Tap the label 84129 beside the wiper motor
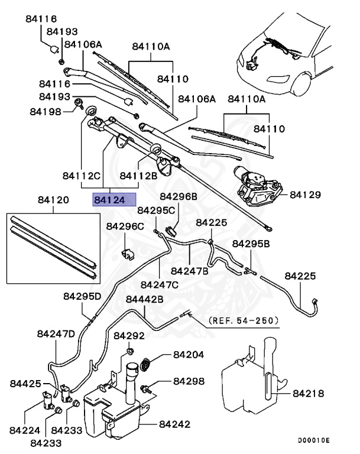(307, 194)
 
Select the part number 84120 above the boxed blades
(53, 200)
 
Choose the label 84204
(189, 355)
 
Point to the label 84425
(25, 384)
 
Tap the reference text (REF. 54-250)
(242, 320)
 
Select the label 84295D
(83, 296)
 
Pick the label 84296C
(125, 226)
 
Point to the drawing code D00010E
(314, 441)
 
